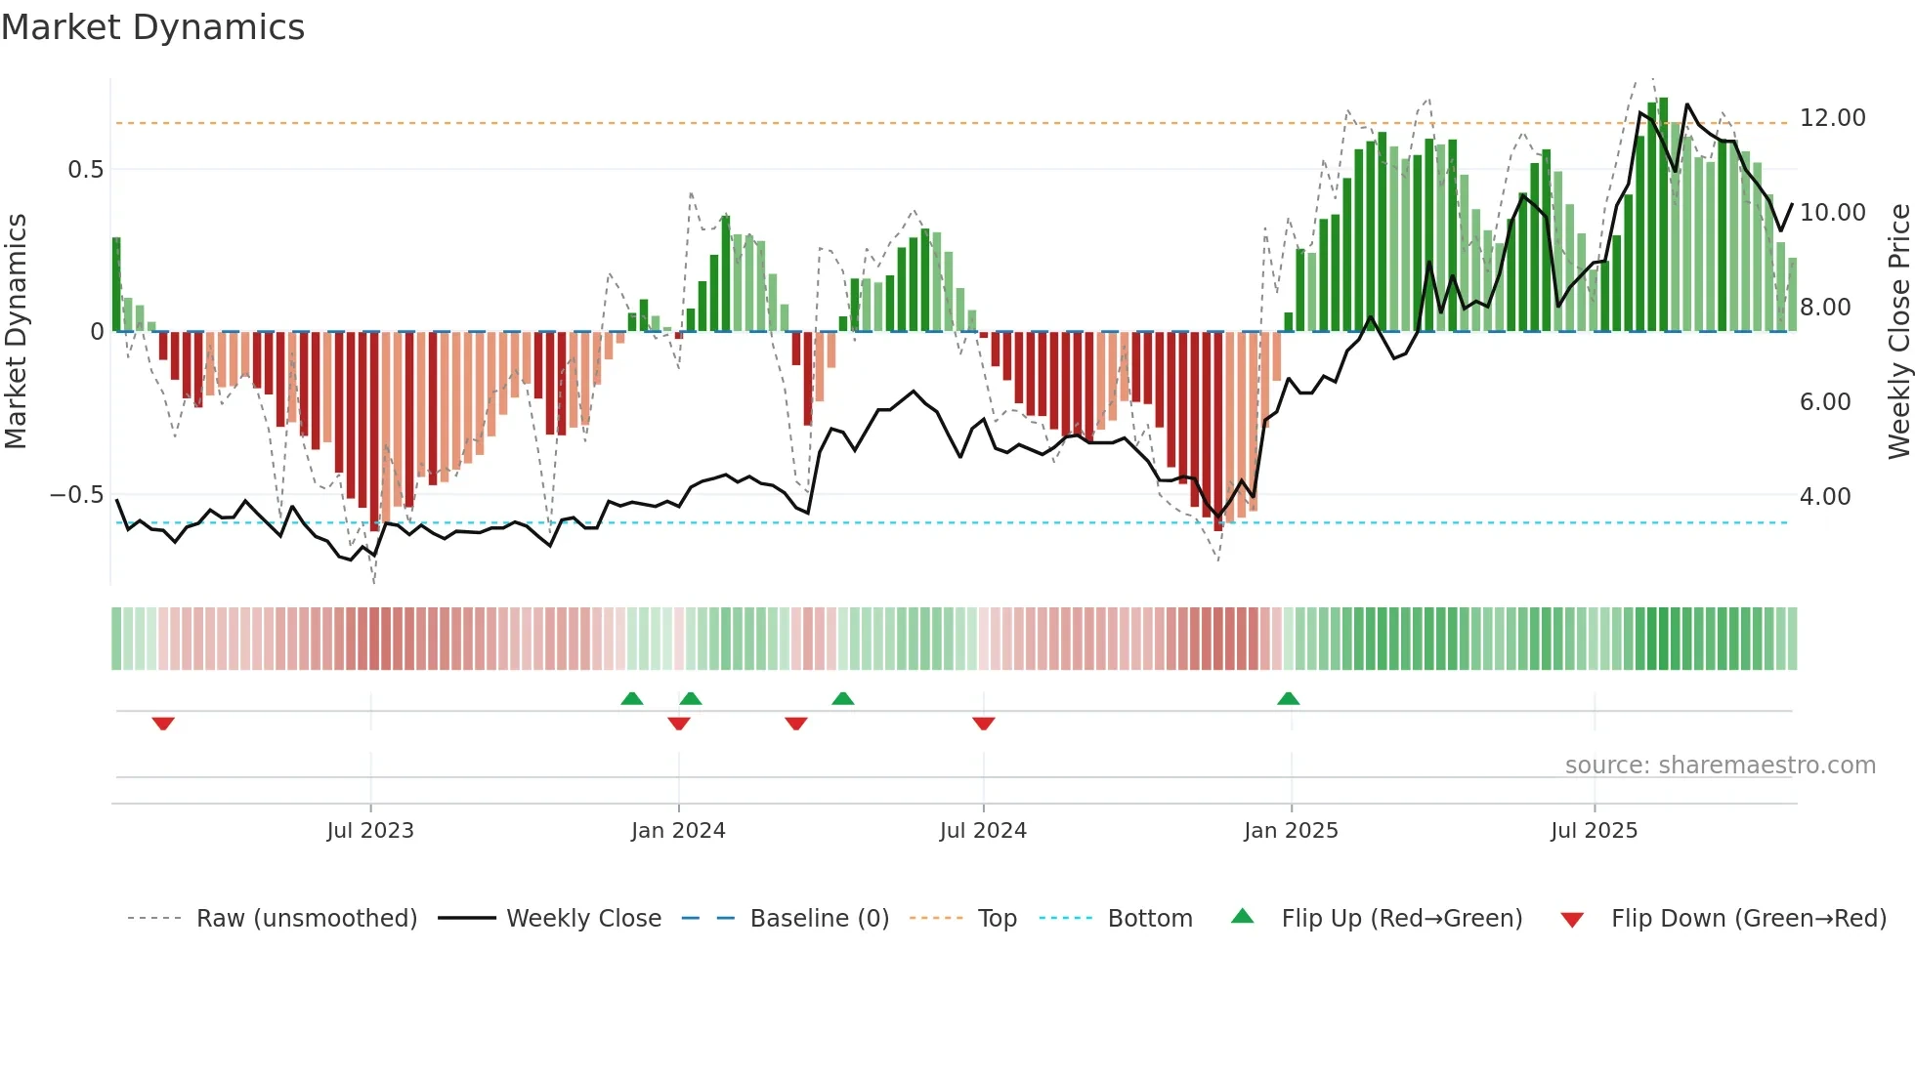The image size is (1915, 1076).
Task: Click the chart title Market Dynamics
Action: coord(153,27)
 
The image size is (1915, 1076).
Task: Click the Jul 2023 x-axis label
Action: coord(370,831)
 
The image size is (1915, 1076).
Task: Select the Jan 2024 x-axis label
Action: coord(678,831)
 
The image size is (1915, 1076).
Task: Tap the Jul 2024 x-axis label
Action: coord(983,831)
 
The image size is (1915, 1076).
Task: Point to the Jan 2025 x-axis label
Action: coord(1291,831)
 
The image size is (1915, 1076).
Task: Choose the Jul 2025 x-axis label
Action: coord(1594,831)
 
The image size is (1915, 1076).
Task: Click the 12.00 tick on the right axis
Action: coord(1832,118)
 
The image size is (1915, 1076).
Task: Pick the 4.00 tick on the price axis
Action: coord(1824,497)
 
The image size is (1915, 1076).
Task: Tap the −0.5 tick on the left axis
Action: coord(77,495)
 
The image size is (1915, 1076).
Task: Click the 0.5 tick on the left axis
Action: coord(85,170)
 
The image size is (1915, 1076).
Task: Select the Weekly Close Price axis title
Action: coord(1898,331)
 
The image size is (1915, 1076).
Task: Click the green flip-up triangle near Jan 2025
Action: coord(1288,698)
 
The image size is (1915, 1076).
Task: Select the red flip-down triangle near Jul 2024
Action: coord(984,724)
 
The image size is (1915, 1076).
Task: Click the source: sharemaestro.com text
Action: coord(1720,766)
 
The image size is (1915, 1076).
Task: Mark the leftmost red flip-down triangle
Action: coord(163,724)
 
